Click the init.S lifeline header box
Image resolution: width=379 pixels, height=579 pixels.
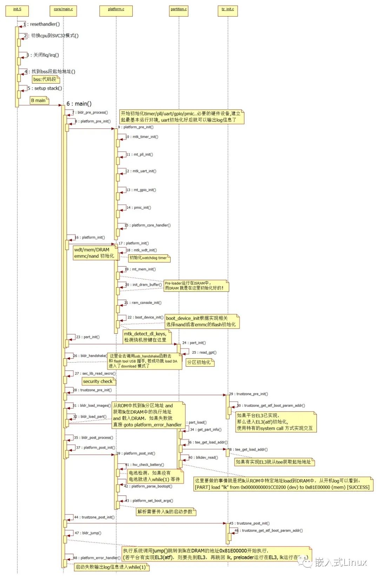pyautogui.click(x=17, y=11)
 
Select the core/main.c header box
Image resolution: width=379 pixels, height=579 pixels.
pyautogui.click(x=63, y=11)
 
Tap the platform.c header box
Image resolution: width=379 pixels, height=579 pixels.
pyautogui.click(x=116, y=11)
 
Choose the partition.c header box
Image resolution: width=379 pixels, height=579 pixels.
pyautogui.click(x=179, y=11)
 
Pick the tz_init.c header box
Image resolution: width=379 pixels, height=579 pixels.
pyautogui.click(x=227, y=11)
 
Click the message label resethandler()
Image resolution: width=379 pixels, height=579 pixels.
pyautogui.click(x=44, y=24)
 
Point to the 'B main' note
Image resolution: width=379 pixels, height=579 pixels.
pyautogui.click(x=39, y=100)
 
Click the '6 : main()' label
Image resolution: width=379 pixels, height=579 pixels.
pyautogui.click(x=79, y=104)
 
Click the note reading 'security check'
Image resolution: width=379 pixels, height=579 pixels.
pyautogui.click(x=98, y=381)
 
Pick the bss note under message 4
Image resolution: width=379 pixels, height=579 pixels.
pyautogui.click(x=45, y=79)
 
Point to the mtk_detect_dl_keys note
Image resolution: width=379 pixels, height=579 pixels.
pyautogui.click(x=147, y=337)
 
